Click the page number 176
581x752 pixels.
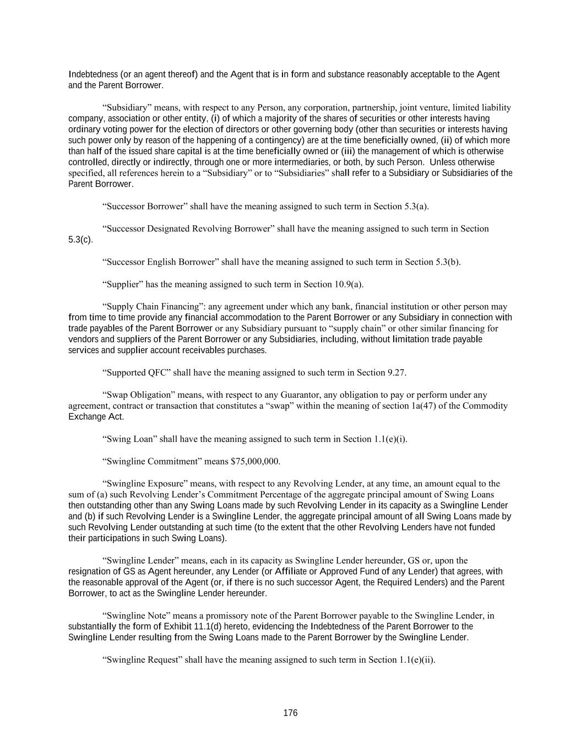pyautogui.click(x=290, y=713)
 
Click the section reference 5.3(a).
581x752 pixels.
pyautogui.click(x=416, y=206)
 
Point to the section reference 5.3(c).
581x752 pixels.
pyautogui.click(x=80, y=240)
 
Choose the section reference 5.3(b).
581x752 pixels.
pyautogui.click(x=448, y=262)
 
